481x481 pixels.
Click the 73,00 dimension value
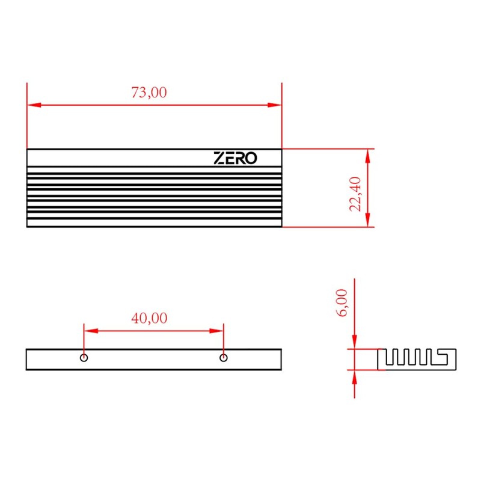(149, 93)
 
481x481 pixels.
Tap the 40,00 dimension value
(149, 318)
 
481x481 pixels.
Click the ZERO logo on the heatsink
(236, 158)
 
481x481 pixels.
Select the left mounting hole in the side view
(84, 358)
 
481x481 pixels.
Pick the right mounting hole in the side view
(224, 358)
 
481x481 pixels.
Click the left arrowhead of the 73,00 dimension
(34, 105)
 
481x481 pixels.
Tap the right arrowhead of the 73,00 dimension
(275, 105)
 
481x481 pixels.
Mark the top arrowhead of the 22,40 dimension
(367, 155)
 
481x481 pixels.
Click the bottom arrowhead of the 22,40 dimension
(367, 221)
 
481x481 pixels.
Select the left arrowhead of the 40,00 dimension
(90, 330)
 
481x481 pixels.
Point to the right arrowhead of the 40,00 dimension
(218, 330)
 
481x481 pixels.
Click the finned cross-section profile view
(416, 358)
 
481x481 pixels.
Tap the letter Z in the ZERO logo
(220, 158)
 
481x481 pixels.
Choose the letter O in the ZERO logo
(251, 158)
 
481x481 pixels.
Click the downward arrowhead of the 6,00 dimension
(355, 343)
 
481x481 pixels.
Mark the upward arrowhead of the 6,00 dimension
(355, 375)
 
